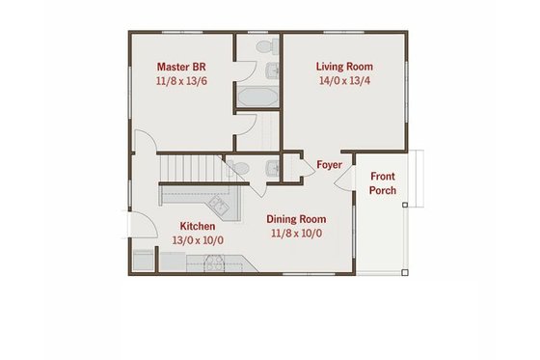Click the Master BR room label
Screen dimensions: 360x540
pyautogui.click(x=181, y=68)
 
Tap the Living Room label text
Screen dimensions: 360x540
pyautogui.click(x=344, y=68)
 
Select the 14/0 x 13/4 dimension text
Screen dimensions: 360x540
pyautogui.click(x=344, y=83)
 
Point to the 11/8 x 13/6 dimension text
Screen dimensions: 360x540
pyautogui.click(x=181, y=83)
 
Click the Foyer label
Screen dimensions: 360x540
pyautogui.click(x=329, y=165)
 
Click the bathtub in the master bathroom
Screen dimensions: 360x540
pyautogui.click(x=257, y=98)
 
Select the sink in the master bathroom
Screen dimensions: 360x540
pyautogui.click(x=272, y=69)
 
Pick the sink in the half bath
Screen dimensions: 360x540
pyautogui.click(x=272, y=168)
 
